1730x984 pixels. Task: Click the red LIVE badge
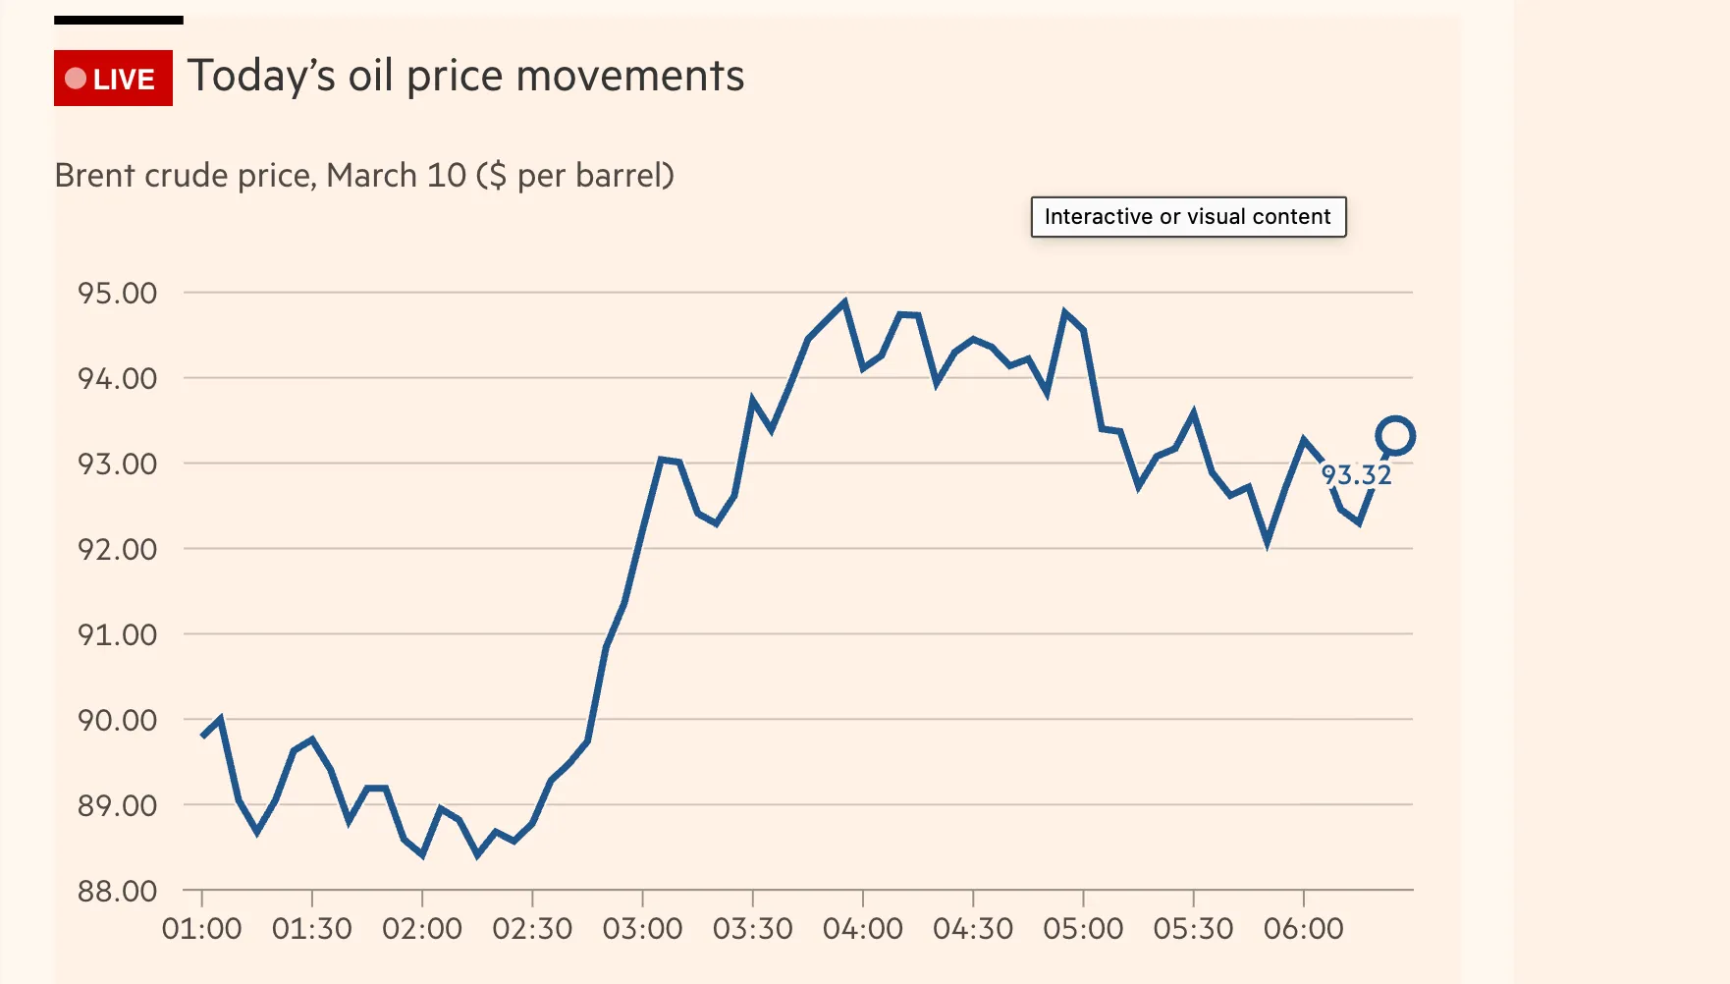click(x=113, y=79)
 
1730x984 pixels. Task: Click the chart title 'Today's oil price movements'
click(x=465, y=77)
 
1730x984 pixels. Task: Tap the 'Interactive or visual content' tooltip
click(x=1187, y=217)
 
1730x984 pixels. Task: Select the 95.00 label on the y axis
click(x=118, y=294)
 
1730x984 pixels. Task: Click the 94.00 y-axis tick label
click(x=118, y=379)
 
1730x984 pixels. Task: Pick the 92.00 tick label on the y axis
click(x=118, y=550)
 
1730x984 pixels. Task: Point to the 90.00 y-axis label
click(x=118, y=721)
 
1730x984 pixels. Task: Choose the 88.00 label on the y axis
click(x=118, y=892)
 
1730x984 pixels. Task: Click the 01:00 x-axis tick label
click(x=201, y=929)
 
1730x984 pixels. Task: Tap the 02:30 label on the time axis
click(x=532, y=929)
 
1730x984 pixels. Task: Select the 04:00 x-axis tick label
click(x=862, y=929)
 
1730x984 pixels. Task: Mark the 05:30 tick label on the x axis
click(x=1193, y=929)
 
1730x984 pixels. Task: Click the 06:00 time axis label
click(x=1303, y=929)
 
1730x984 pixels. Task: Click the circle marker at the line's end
click(x=1394, y=436)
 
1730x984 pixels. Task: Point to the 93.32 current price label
click(x=1356, y=475)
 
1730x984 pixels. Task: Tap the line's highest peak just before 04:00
click(x=844, y=303)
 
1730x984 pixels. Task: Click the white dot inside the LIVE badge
click(x=76, y=79)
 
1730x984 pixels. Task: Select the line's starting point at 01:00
click(x=203, y=735)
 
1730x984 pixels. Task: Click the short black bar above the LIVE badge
click(x=119, y=20)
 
